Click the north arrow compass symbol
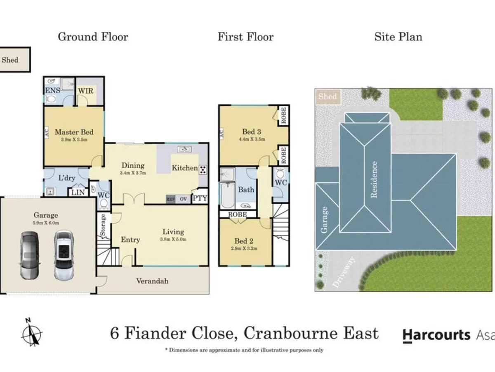pyautogui.click(x=32, y=332)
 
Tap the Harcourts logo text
pyautogui.click(x=436, y=334)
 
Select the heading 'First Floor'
pyautogui.click(x=245, y=37)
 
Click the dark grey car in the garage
pyautogui.click(x=29, y=255)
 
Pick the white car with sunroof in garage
pyautogui.click(x=64, y=255)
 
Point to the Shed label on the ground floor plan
pyautogui.click(x=10, y=60)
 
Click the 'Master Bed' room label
pyautogui.click(x=74, y=132)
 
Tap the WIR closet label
pyautogui.click(x=86, y=90)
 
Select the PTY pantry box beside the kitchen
pyautogui.click(x=200, y=199)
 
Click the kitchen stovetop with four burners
pyautogui.click(x=203, y=169)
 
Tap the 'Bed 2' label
pyautogui.click(x=243, y=241)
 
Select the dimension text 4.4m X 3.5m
pyautogui.click(x=251, y=140)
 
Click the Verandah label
pyautogui.click(x=152, y=281)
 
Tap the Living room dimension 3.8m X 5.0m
pyautogui.click(x=173, y=239)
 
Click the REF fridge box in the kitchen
pyautogui.click(x=170, y=199)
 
